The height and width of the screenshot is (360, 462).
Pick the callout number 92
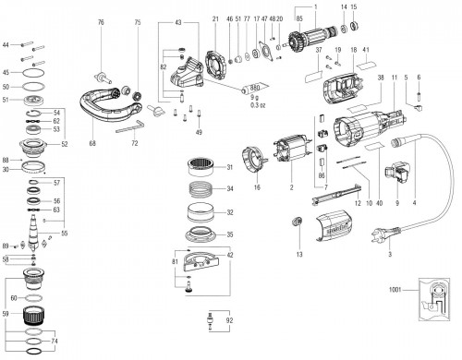point(229,321)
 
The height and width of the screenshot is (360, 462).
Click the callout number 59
point(7,314)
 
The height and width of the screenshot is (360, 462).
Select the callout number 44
point(6,44)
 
